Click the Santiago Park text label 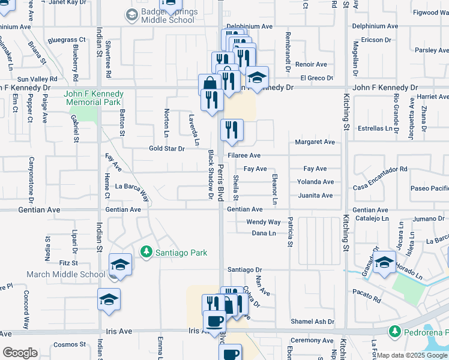[x=177, y=253]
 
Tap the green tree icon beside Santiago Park [x=145, y=252]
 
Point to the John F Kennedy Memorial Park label [x=94, y=98]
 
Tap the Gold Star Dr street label [x=166, y=148]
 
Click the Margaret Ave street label [x=315, y=142]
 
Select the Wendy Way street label [x=264, y=222]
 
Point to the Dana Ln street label [x=264, y=233]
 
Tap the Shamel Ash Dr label [x=312, y=322]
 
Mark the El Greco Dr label [x=316, y=78]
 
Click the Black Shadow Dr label [x=211, y=175]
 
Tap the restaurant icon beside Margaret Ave [x=230, y=129]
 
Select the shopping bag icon [x=209, y=83]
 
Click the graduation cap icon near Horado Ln [x=384, y=262]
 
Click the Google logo [x=19, y=353]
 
